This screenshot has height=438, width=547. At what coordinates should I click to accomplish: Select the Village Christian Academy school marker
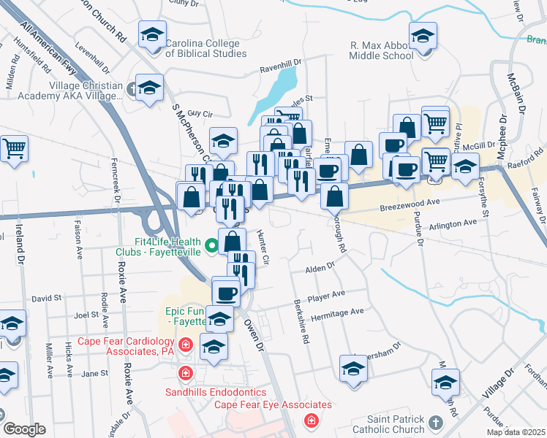149,89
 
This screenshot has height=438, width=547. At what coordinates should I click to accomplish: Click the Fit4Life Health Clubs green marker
211,246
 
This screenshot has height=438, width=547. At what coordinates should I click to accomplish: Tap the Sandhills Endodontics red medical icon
186,373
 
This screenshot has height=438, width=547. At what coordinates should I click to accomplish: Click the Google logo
25,429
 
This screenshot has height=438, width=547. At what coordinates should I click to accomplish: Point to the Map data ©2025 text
516,432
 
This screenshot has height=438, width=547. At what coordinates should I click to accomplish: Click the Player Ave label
326,295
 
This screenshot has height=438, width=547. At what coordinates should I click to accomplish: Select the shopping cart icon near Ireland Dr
14,148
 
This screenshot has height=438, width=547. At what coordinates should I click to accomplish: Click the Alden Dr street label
320,268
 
